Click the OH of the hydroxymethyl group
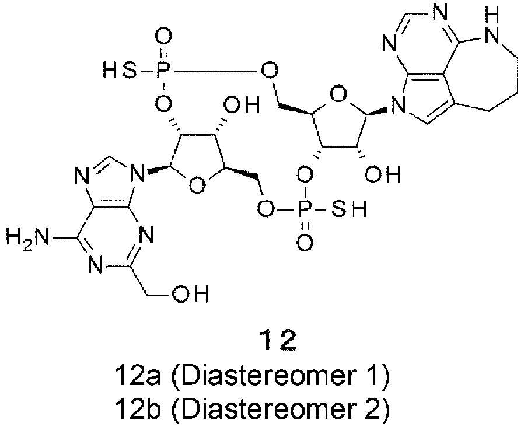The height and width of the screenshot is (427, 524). (190, 293)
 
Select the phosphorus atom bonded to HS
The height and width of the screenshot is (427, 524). (163, 71)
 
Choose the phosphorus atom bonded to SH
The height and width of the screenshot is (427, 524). (305, 209)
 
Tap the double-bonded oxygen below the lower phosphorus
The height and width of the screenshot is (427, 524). (305, 242)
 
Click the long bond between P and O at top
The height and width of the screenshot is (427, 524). (215, 71)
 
